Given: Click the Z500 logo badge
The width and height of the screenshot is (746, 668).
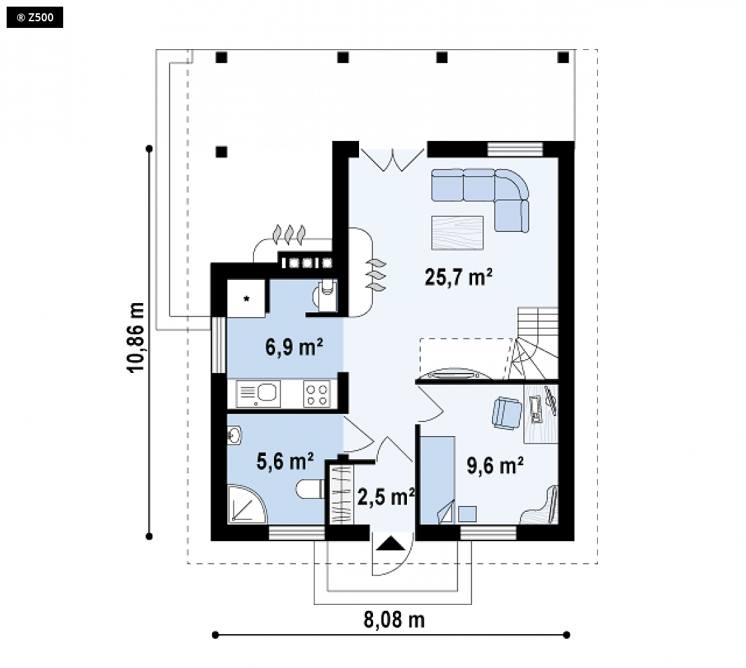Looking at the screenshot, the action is (35, 17).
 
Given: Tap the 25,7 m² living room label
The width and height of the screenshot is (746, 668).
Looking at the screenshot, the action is (458, 277).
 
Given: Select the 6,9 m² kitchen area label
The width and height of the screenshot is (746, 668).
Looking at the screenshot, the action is (294, 347).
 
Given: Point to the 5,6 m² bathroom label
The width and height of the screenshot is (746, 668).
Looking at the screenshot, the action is (285, 461).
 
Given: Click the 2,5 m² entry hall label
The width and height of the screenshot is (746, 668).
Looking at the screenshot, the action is (386, 497).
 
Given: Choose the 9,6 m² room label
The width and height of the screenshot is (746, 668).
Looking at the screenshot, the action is (495, 465).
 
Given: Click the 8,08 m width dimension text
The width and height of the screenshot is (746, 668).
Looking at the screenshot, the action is (394, 619).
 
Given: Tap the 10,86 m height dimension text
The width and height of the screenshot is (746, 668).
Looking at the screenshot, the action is (136, 337).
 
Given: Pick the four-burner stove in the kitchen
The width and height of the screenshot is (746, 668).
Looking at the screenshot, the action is (317, 394).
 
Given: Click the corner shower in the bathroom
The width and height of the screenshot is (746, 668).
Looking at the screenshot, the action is (247, 504).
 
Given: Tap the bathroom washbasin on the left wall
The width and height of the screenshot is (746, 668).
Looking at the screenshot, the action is (234, 435).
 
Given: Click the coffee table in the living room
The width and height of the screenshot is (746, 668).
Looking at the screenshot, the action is (457, 233).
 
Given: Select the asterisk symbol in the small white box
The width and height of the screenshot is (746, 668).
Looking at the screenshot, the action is (247, 299).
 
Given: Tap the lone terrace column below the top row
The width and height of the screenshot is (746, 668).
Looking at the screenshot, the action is (221, 152).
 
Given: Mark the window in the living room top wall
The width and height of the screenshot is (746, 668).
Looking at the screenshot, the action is (515, 150).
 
